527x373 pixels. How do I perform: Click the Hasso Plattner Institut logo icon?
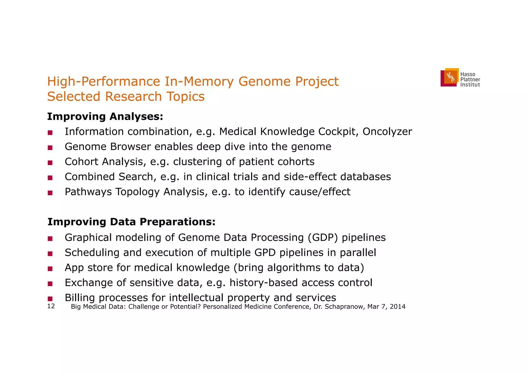[x=450, y=77]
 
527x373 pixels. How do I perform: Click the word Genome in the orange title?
[x=264, y=81]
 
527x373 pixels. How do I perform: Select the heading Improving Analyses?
[x=105, y=117]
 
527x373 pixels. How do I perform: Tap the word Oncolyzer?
[x=387, y=132]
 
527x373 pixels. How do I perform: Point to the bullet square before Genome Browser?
[x=50, y=148]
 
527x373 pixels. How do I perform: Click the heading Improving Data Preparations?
[x=131, y=222]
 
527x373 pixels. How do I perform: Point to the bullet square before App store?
[x=50, y=269]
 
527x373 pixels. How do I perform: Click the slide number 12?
[x=51, y=306]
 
